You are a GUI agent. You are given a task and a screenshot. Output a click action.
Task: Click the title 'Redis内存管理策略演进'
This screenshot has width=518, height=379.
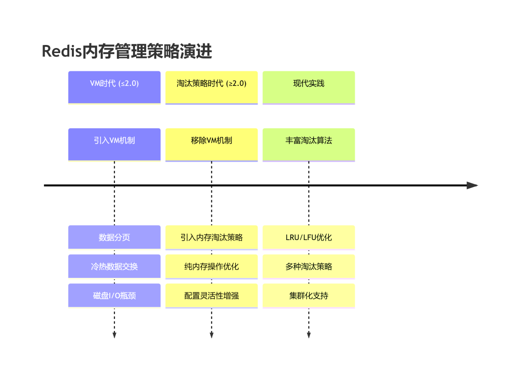(127, 51)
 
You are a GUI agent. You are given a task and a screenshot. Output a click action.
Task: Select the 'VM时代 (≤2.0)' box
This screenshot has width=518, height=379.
(114, 87)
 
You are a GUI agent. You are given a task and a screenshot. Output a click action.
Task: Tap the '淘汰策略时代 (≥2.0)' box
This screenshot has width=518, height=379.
(211, 87)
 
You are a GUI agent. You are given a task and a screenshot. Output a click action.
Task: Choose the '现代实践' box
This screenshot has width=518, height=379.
(309, 87)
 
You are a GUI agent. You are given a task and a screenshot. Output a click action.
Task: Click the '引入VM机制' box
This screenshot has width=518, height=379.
(114, 145)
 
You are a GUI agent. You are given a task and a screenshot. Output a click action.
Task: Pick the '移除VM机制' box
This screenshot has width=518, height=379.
(211, 145)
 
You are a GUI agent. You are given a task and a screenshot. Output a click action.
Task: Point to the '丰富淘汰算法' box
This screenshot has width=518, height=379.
(309, 145)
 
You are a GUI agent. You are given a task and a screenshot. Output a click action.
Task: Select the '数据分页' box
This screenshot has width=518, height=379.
(114, 238)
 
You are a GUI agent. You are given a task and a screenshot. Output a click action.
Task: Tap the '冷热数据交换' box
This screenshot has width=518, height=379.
(114, 266)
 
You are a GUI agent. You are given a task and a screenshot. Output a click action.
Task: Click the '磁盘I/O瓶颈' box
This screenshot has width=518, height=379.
(114, 296)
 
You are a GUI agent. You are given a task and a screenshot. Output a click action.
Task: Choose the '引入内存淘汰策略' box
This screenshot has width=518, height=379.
(211, 238)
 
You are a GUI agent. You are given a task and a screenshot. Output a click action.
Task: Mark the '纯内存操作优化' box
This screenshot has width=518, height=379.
(211, 266)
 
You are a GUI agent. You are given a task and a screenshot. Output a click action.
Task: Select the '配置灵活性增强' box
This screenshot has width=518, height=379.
(211, 296)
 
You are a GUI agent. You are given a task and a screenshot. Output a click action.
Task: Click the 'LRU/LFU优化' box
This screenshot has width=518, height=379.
(309, 238)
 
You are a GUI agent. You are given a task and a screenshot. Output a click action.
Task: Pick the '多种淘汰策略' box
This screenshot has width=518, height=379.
(309, 266)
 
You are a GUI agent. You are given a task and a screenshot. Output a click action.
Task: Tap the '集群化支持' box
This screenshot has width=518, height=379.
(309, 296)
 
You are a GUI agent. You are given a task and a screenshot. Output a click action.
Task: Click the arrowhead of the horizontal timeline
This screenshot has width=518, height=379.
(472, 185)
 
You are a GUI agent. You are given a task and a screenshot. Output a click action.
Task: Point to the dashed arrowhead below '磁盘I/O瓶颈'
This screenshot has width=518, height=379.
(114, 335)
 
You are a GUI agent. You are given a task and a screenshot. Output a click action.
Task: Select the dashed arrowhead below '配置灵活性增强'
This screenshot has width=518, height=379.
(211, 335)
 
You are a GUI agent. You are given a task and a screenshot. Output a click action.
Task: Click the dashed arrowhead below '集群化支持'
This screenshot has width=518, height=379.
(309, 335)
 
